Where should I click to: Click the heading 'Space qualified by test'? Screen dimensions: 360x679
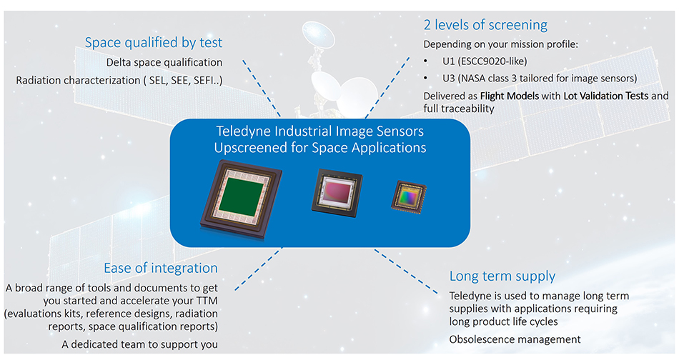point(153,43)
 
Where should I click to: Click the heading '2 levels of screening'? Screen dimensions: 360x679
point(485,25)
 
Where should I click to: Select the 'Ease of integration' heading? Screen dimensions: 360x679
point(161,269)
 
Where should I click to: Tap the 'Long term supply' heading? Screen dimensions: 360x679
point(502,276)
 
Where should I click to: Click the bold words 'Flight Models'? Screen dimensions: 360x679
point(510,96)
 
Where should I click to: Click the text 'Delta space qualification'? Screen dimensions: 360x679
point(164,62)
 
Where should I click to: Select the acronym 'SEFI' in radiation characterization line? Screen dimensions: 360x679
point(205,80)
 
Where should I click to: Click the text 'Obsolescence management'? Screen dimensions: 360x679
point(515,339)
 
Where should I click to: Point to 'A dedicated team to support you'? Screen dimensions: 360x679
point(139,344)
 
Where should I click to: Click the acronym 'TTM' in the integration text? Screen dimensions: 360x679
point(204,301)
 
